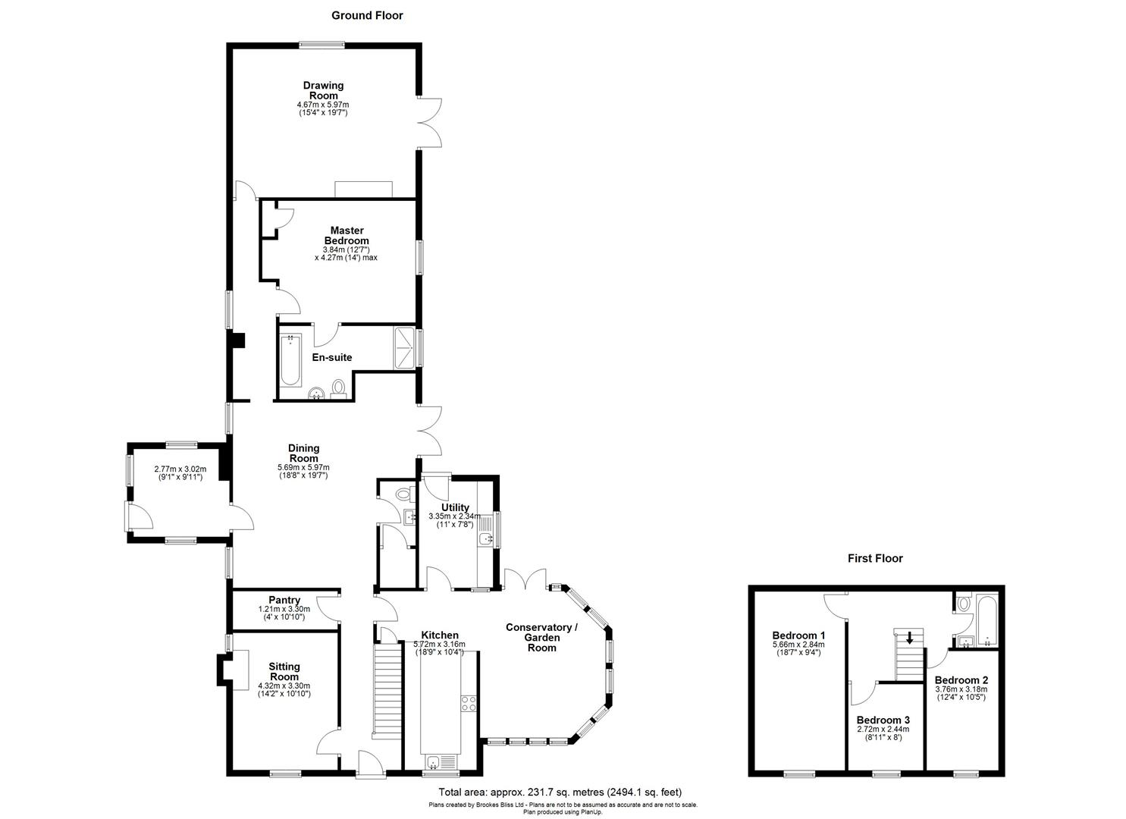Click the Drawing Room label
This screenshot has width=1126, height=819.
323,90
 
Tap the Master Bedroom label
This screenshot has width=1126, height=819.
347,235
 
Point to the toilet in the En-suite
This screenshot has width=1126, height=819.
339,388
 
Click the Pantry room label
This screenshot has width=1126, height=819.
284,600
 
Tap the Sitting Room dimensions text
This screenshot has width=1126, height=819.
284,689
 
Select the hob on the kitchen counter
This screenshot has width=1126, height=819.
468,703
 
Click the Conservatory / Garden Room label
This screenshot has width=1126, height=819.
542,637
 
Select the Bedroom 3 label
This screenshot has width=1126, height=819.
883,720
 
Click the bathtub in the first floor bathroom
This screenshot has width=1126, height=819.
987,619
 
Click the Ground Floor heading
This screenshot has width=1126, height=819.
367,15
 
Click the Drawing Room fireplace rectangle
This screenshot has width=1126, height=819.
363,189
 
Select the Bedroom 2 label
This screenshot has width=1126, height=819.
961,680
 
